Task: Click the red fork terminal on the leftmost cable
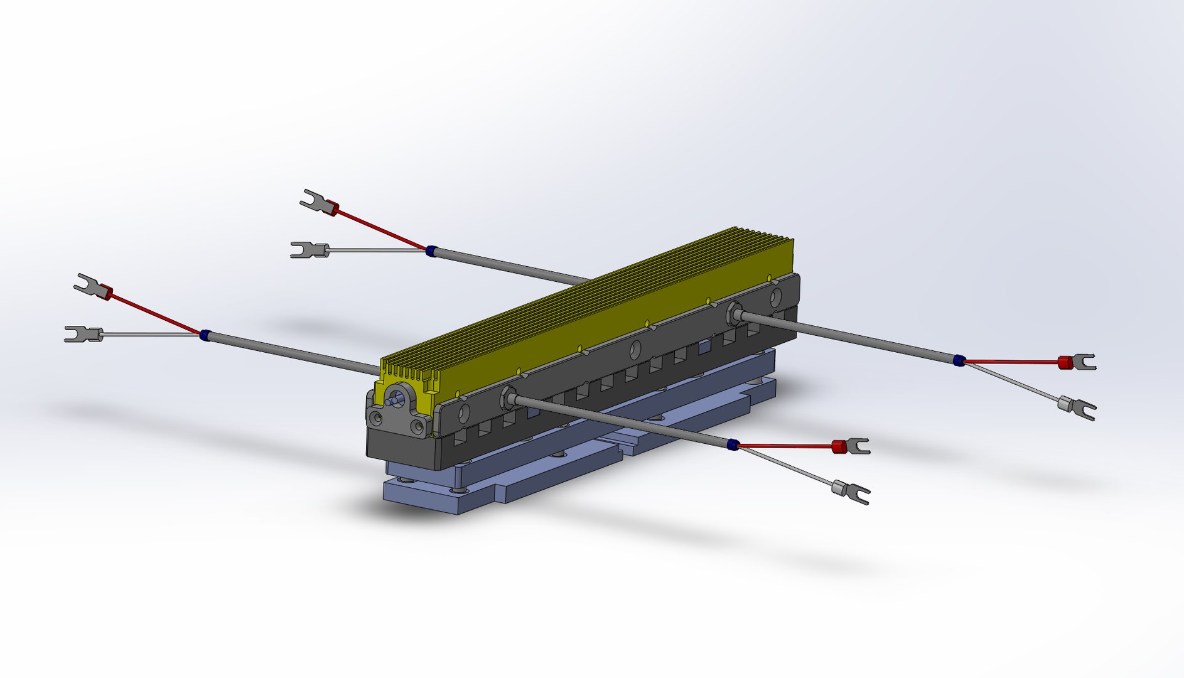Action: click(94, 288)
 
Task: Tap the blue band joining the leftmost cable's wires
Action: click(203, 335)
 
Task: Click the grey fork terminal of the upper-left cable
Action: click(309, 250)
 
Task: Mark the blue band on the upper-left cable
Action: click(430, 250)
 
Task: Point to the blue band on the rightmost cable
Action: click(959, 360)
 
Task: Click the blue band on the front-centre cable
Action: click(732, 445)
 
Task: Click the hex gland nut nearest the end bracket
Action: click(508, 398)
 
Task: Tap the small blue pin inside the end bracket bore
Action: click(395, 399)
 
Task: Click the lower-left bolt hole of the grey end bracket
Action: click(377, 417)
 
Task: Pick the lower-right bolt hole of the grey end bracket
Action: click(417, 428)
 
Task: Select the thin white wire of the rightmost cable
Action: click(1011, 384)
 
